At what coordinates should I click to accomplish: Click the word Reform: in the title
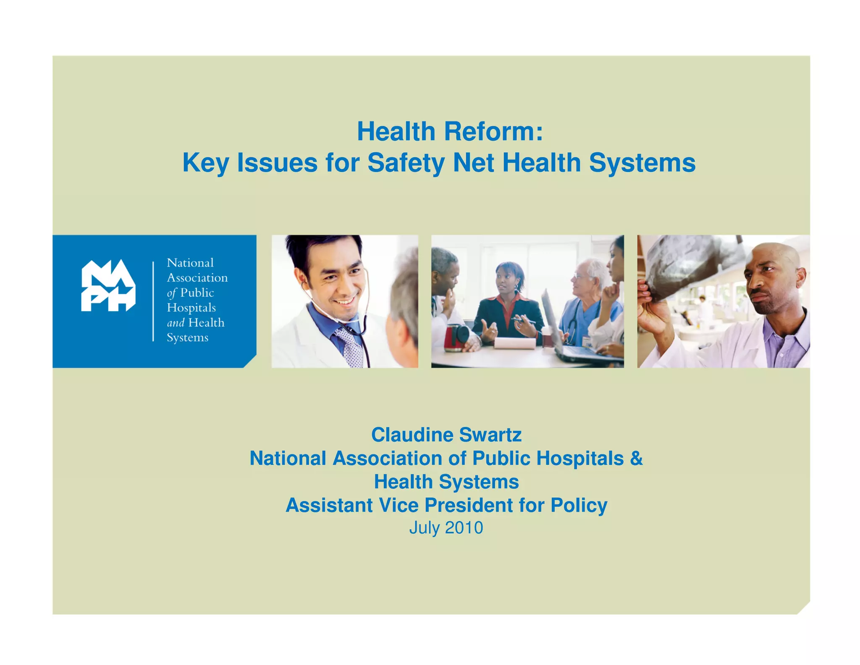point(493,132)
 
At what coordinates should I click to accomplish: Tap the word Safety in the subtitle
point(406,163)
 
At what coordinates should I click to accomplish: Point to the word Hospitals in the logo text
point(191,308)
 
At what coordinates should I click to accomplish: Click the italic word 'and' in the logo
point(176,323)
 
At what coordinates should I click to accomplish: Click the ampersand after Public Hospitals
point(636,458)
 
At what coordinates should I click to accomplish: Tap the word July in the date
point(424,528)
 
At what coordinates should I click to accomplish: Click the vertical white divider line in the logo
point(153,301)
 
